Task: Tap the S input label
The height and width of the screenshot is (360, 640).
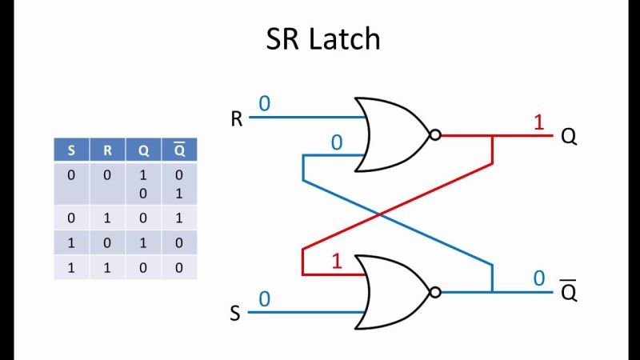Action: coord(235,313)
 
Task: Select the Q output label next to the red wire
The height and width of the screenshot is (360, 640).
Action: coord(569,137)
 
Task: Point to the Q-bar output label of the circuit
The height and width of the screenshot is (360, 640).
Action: coord(569,292)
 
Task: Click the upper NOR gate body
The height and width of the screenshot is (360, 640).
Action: coord(392,134)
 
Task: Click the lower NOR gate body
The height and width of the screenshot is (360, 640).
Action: coord(392,292)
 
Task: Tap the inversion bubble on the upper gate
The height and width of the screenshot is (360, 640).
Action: coord(435,135)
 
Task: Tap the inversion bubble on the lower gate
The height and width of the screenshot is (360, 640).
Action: coord(435,292)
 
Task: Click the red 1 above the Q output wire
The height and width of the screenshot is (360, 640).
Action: coord(538,122)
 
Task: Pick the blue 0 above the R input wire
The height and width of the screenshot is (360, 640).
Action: coord(264,103)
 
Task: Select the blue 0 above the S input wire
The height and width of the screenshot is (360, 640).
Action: coord(264,298)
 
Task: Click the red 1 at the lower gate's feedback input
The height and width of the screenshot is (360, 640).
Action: coord(338,262)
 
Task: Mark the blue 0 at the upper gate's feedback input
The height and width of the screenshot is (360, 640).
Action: coord(337,142)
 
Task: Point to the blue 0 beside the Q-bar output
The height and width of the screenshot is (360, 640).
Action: coord(538,278)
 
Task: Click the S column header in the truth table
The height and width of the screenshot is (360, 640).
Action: coord(72,149)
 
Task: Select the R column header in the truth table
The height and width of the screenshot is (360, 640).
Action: coord(108,149)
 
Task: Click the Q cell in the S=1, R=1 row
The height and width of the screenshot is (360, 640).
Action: coord(142,268)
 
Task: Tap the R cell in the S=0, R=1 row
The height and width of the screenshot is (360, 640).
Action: coord(108,217)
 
